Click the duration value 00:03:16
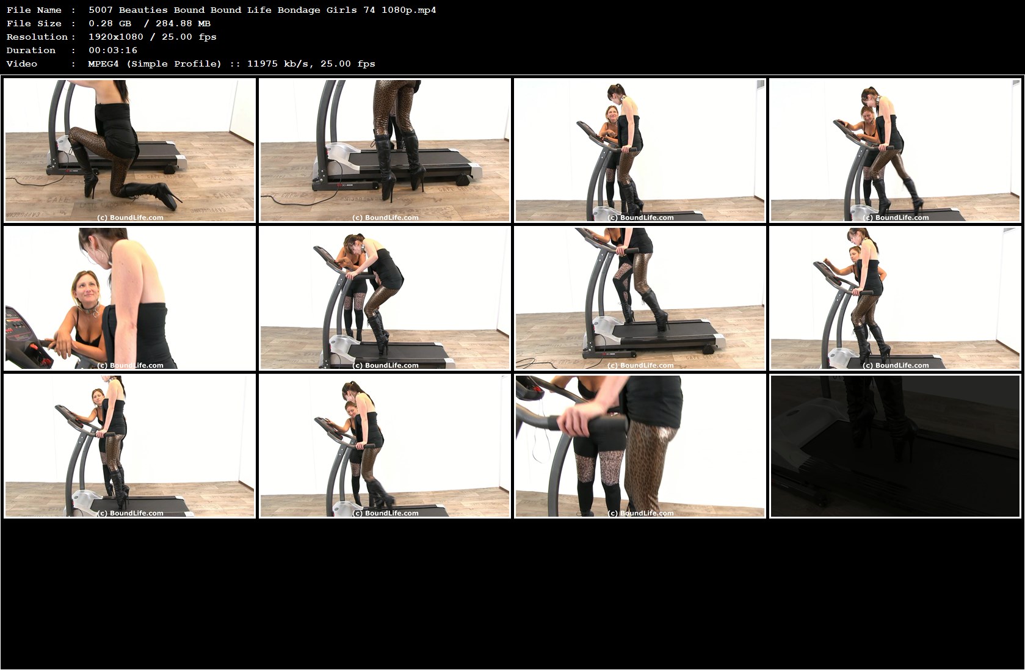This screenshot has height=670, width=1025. (x=112, y=50)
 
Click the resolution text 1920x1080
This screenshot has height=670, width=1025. (x=116, y=37)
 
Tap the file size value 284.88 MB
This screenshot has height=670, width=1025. (x=183, y=23)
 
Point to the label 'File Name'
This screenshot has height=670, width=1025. (x=34, y=10)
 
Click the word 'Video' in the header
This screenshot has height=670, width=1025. (x=21, y=64)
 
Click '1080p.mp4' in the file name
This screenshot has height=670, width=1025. (x=408, y=10)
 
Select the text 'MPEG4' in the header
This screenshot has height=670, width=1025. (x=103, y=64)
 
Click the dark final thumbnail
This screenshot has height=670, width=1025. (x=895, y=446)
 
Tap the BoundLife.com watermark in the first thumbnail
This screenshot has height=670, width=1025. (x=130, y=217)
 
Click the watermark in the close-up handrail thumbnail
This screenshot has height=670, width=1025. (x=640, y=513)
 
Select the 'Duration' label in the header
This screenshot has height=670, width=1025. (x=31, y=50)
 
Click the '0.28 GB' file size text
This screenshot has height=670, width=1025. (x=110, y=23)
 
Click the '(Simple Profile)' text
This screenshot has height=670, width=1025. (x=174, y=64)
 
